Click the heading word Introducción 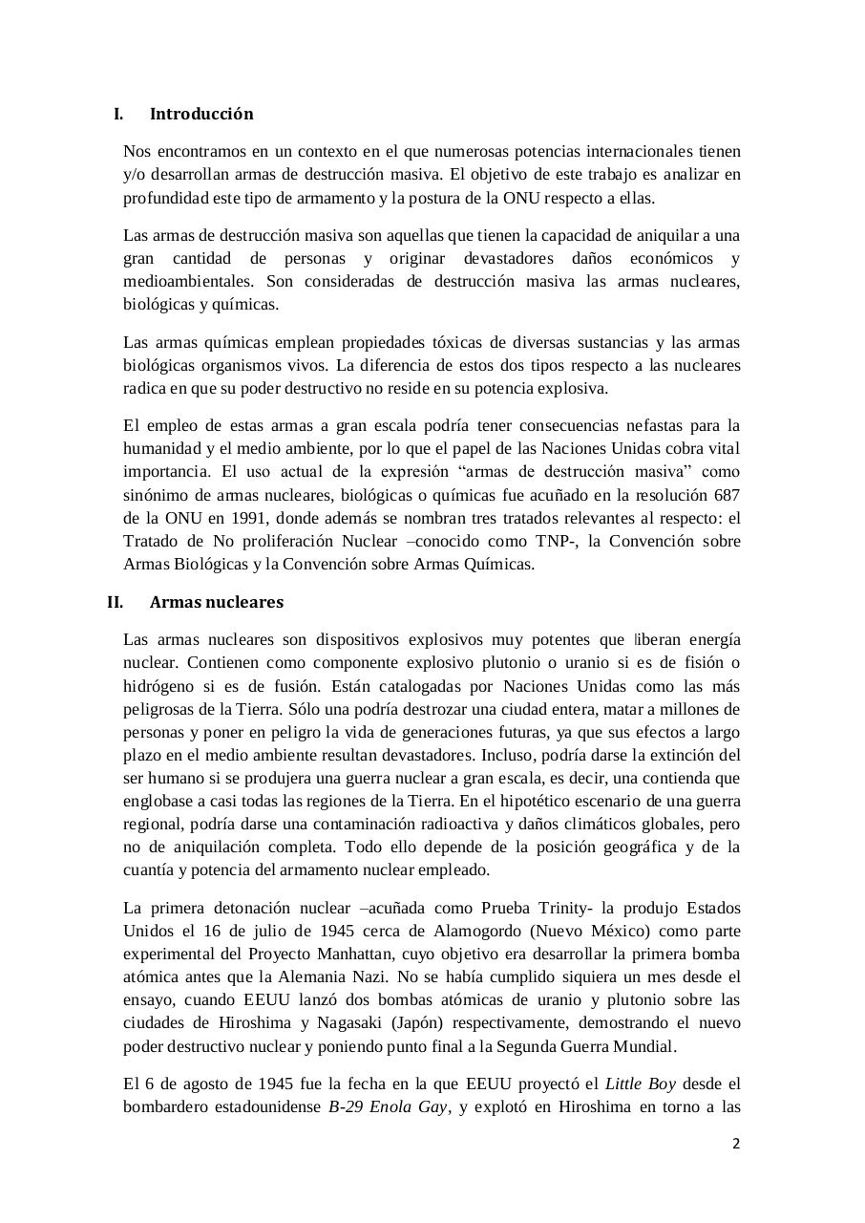tap(201, 115)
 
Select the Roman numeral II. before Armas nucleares tap(116, 603)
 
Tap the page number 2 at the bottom tap(736, 1144)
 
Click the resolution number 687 tap(726, 495)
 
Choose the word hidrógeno tap(161, 686)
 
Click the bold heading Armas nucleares tap(217, 603)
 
